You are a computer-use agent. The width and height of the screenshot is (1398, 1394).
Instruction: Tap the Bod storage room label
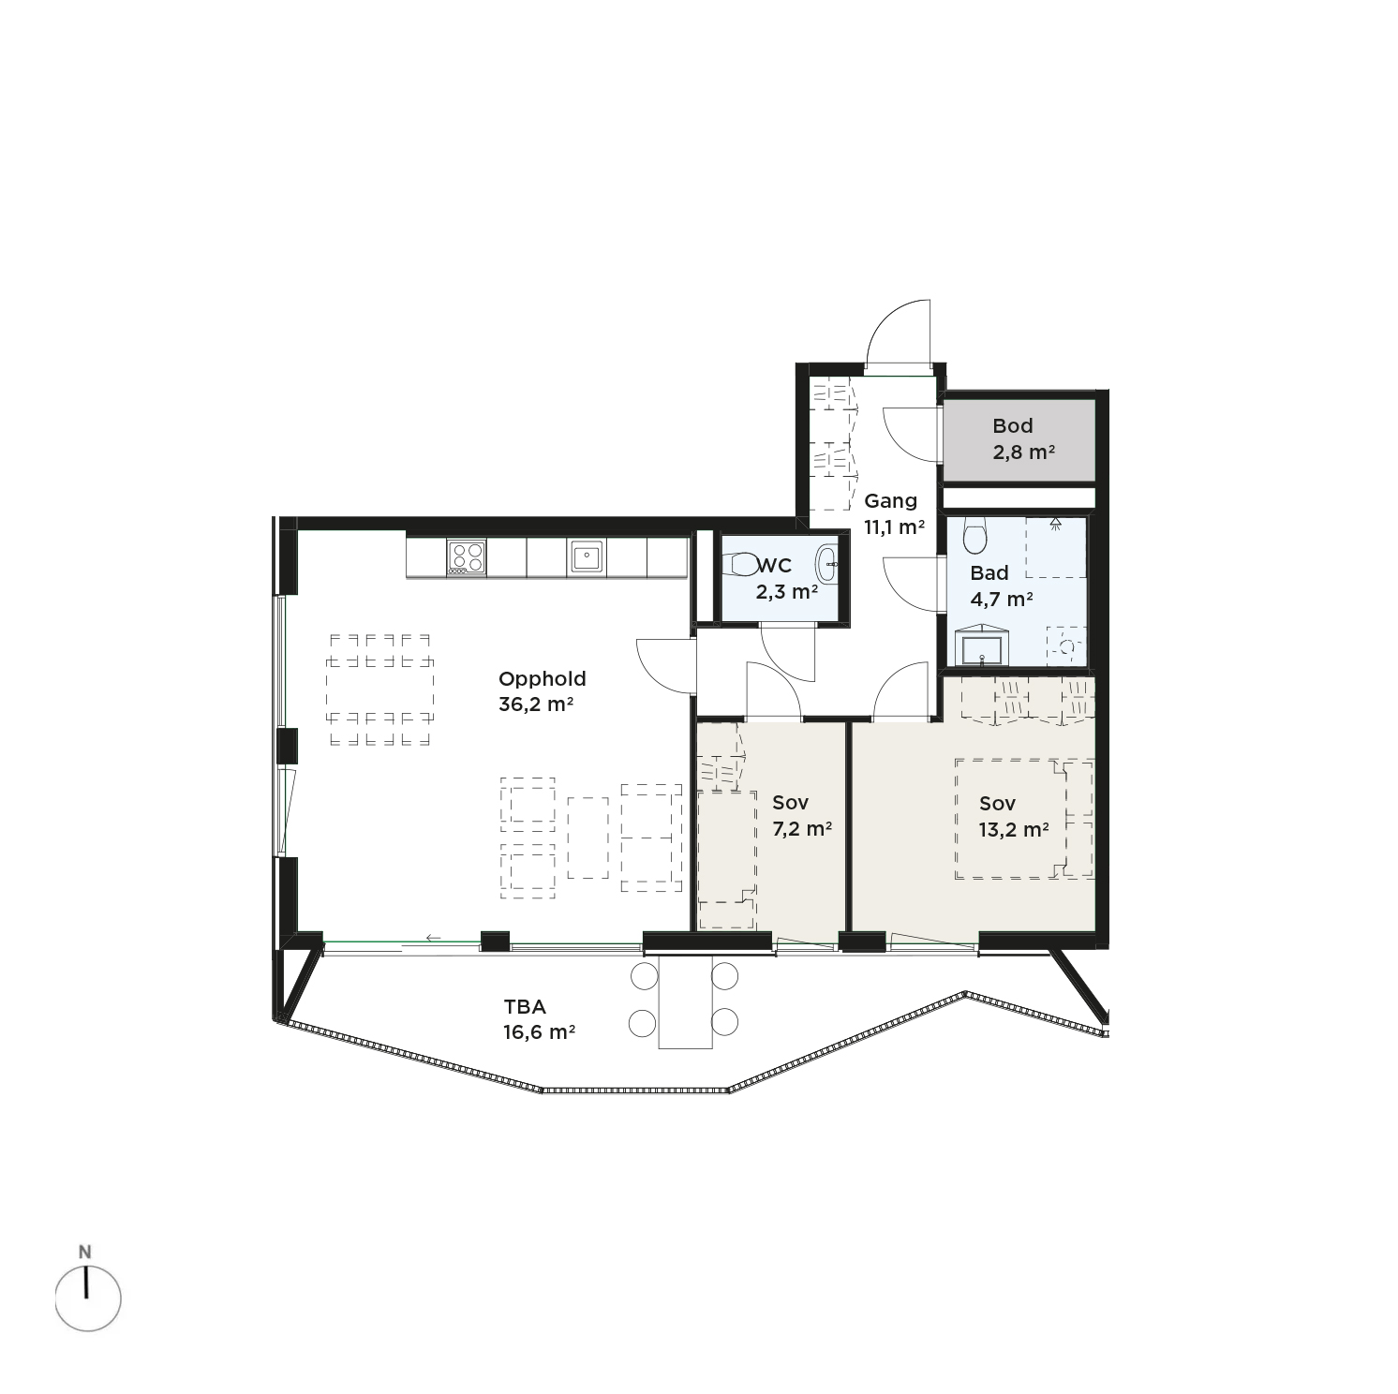click(x=1012, y=426)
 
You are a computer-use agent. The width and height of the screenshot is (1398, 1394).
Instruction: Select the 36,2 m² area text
click(x=536, y=704)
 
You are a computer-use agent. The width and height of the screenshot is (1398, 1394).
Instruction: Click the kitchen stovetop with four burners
click(x=467, y=557)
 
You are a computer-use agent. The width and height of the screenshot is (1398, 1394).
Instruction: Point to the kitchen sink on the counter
click(x=587, y=557)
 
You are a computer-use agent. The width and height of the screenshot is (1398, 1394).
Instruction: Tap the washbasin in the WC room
click(x=827, y=564)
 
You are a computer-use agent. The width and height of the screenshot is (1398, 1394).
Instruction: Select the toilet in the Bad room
click(x=974, y=536)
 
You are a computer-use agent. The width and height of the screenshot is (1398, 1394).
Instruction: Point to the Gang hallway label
click(x=890, y=500)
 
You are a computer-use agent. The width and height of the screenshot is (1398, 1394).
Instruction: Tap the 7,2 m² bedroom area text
click(x=796, y=828)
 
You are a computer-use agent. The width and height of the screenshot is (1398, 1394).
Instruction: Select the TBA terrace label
click(x=525, y=1007)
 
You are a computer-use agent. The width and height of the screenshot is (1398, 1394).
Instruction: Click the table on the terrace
click(x=685, y=1001)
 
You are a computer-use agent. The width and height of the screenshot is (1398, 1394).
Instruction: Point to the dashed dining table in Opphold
click(x=379, y=690)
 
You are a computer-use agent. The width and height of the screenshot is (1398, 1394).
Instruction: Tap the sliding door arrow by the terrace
click(x=433, y=937)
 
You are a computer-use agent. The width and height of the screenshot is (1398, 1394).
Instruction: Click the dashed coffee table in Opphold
click(x=587, y=838)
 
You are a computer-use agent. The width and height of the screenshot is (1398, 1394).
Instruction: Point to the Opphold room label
click(x=543, y=679)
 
